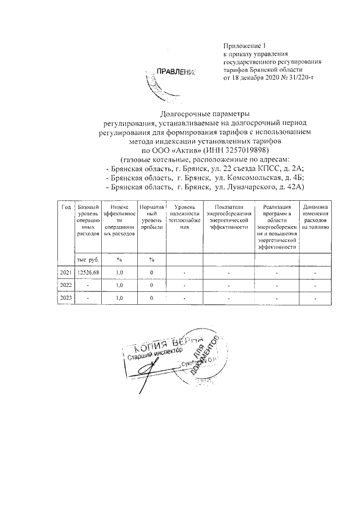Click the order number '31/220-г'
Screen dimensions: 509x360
point(296,77)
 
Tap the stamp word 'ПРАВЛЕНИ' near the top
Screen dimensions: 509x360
point(175,71)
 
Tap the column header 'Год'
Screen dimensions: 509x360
point(66,208)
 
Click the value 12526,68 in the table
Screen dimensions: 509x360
point(87,273)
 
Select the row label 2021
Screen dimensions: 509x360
point(66,273)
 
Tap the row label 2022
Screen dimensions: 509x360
point(66,285)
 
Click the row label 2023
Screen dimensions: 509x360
point(66,298)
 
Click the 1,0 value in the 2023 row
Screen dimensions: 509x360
point(119,298)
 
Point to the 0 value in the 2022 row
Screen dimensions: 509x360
point(151,285)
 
